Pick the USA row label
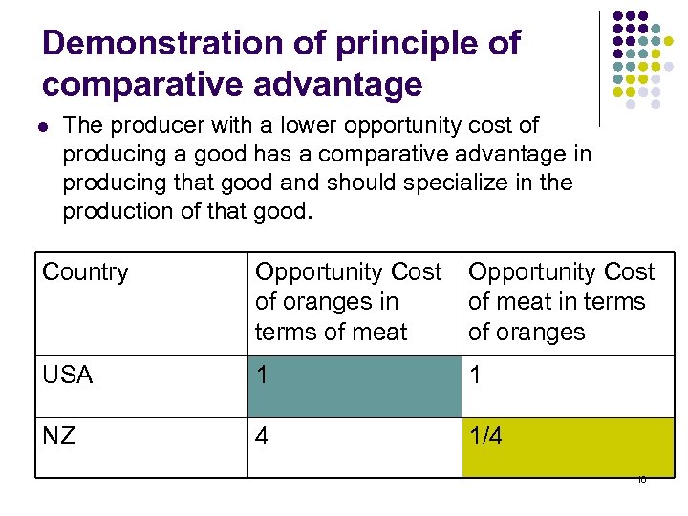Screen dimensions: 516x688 pos(68,376)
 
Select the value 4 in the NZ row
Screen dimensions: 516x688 pos(263,436)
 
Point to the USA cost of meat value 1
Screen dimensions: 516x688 pos(475,376)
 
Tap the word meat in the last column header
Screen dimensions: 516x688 pos(521,303)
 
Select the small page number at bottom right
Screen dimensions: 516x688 pos(641,480)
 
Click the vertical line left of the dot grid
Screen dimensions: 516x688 pos(599,67)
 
